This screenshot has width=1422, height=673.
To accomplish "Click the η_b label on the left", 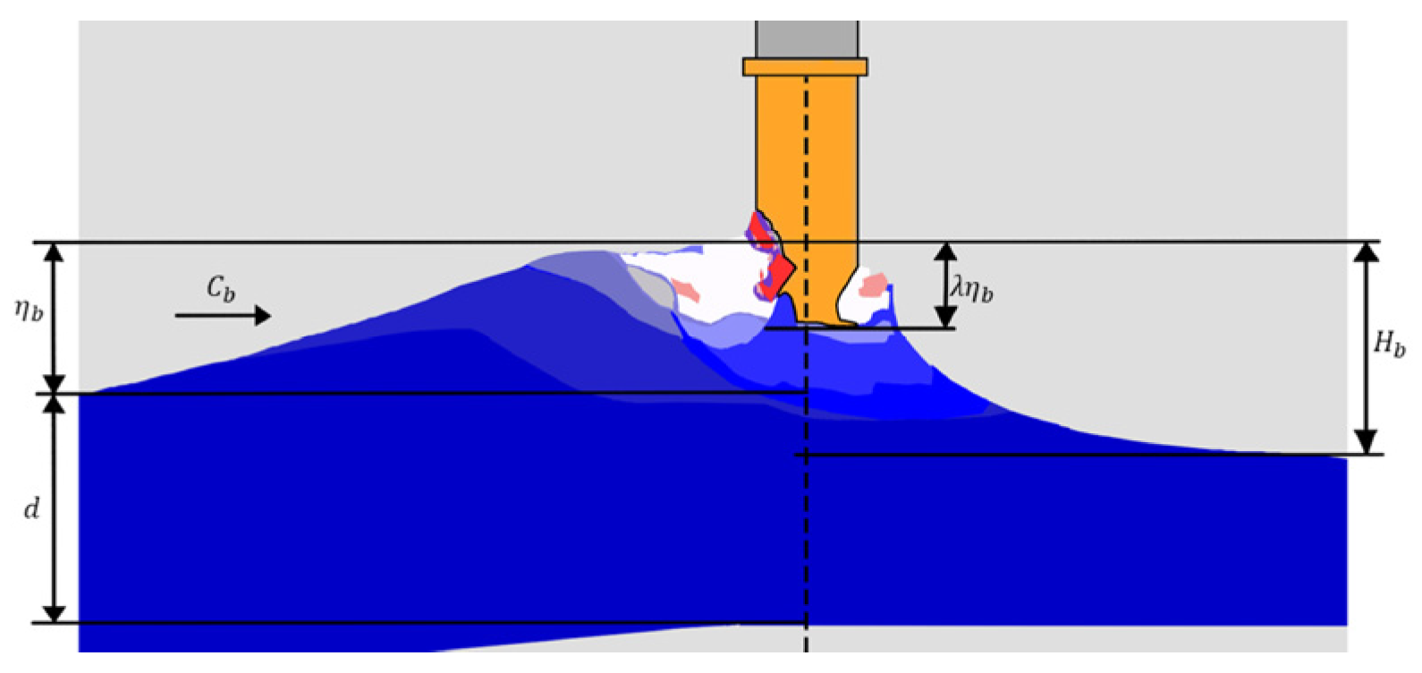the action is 29,310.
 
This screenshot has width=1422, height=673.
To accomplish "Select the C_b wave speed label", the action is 221,288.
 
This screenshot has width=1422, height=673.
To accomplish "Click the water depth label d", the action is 31,508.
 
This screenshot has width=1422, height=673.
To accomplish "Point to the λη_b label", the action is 972,288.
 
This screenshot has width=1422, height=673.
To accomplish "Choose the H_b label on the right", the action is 1388,343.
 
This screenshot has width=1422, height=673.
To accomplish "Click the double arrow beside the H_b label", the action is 1365,348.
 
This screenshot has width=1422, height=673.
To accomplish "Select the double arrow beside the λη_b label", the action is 945,285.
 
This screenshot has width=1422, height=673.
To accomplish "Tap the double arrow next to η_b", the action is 55,318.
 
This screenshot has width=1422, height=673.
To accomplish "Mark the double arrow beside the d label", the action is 55,507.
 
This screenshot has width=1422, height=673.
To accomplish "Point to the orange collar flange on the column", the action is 805,66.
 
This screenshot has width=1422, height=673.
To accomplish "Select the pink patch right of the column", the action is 873,285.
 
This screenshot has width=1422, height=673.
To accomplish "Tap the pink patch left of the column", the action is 685,289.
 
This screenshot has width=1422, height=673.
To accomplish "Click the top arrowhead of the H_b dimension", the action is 1365,251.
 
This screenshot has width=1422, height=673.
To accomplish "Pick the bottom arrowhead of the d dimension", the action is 55,613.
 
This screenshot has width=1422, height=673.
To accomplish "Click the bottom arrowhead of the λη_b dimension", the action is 945,318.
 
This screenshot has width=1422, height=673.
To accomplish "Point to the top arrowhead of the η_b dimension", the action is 55,251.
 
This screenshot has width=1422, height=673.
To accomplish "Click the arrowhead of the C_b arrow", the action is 262,315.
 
